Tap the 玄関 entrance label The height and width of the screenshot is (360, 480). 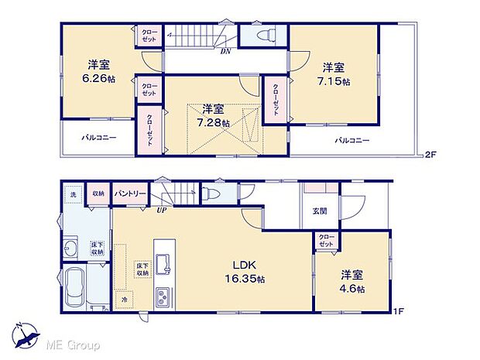[320, 211]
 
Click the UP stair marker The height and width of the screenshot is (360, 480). [162, 210]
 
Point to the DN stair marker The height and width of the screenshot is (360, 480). [225, 52]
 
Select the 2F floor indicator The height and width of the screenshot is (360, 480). [430, 155]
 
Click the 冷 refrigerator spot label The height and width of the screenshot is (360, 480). [122, 300]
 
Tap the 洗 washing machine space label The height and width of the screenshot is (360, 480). [72, 194]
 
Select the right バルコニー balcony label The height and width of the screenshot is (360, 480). [351, 141]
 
